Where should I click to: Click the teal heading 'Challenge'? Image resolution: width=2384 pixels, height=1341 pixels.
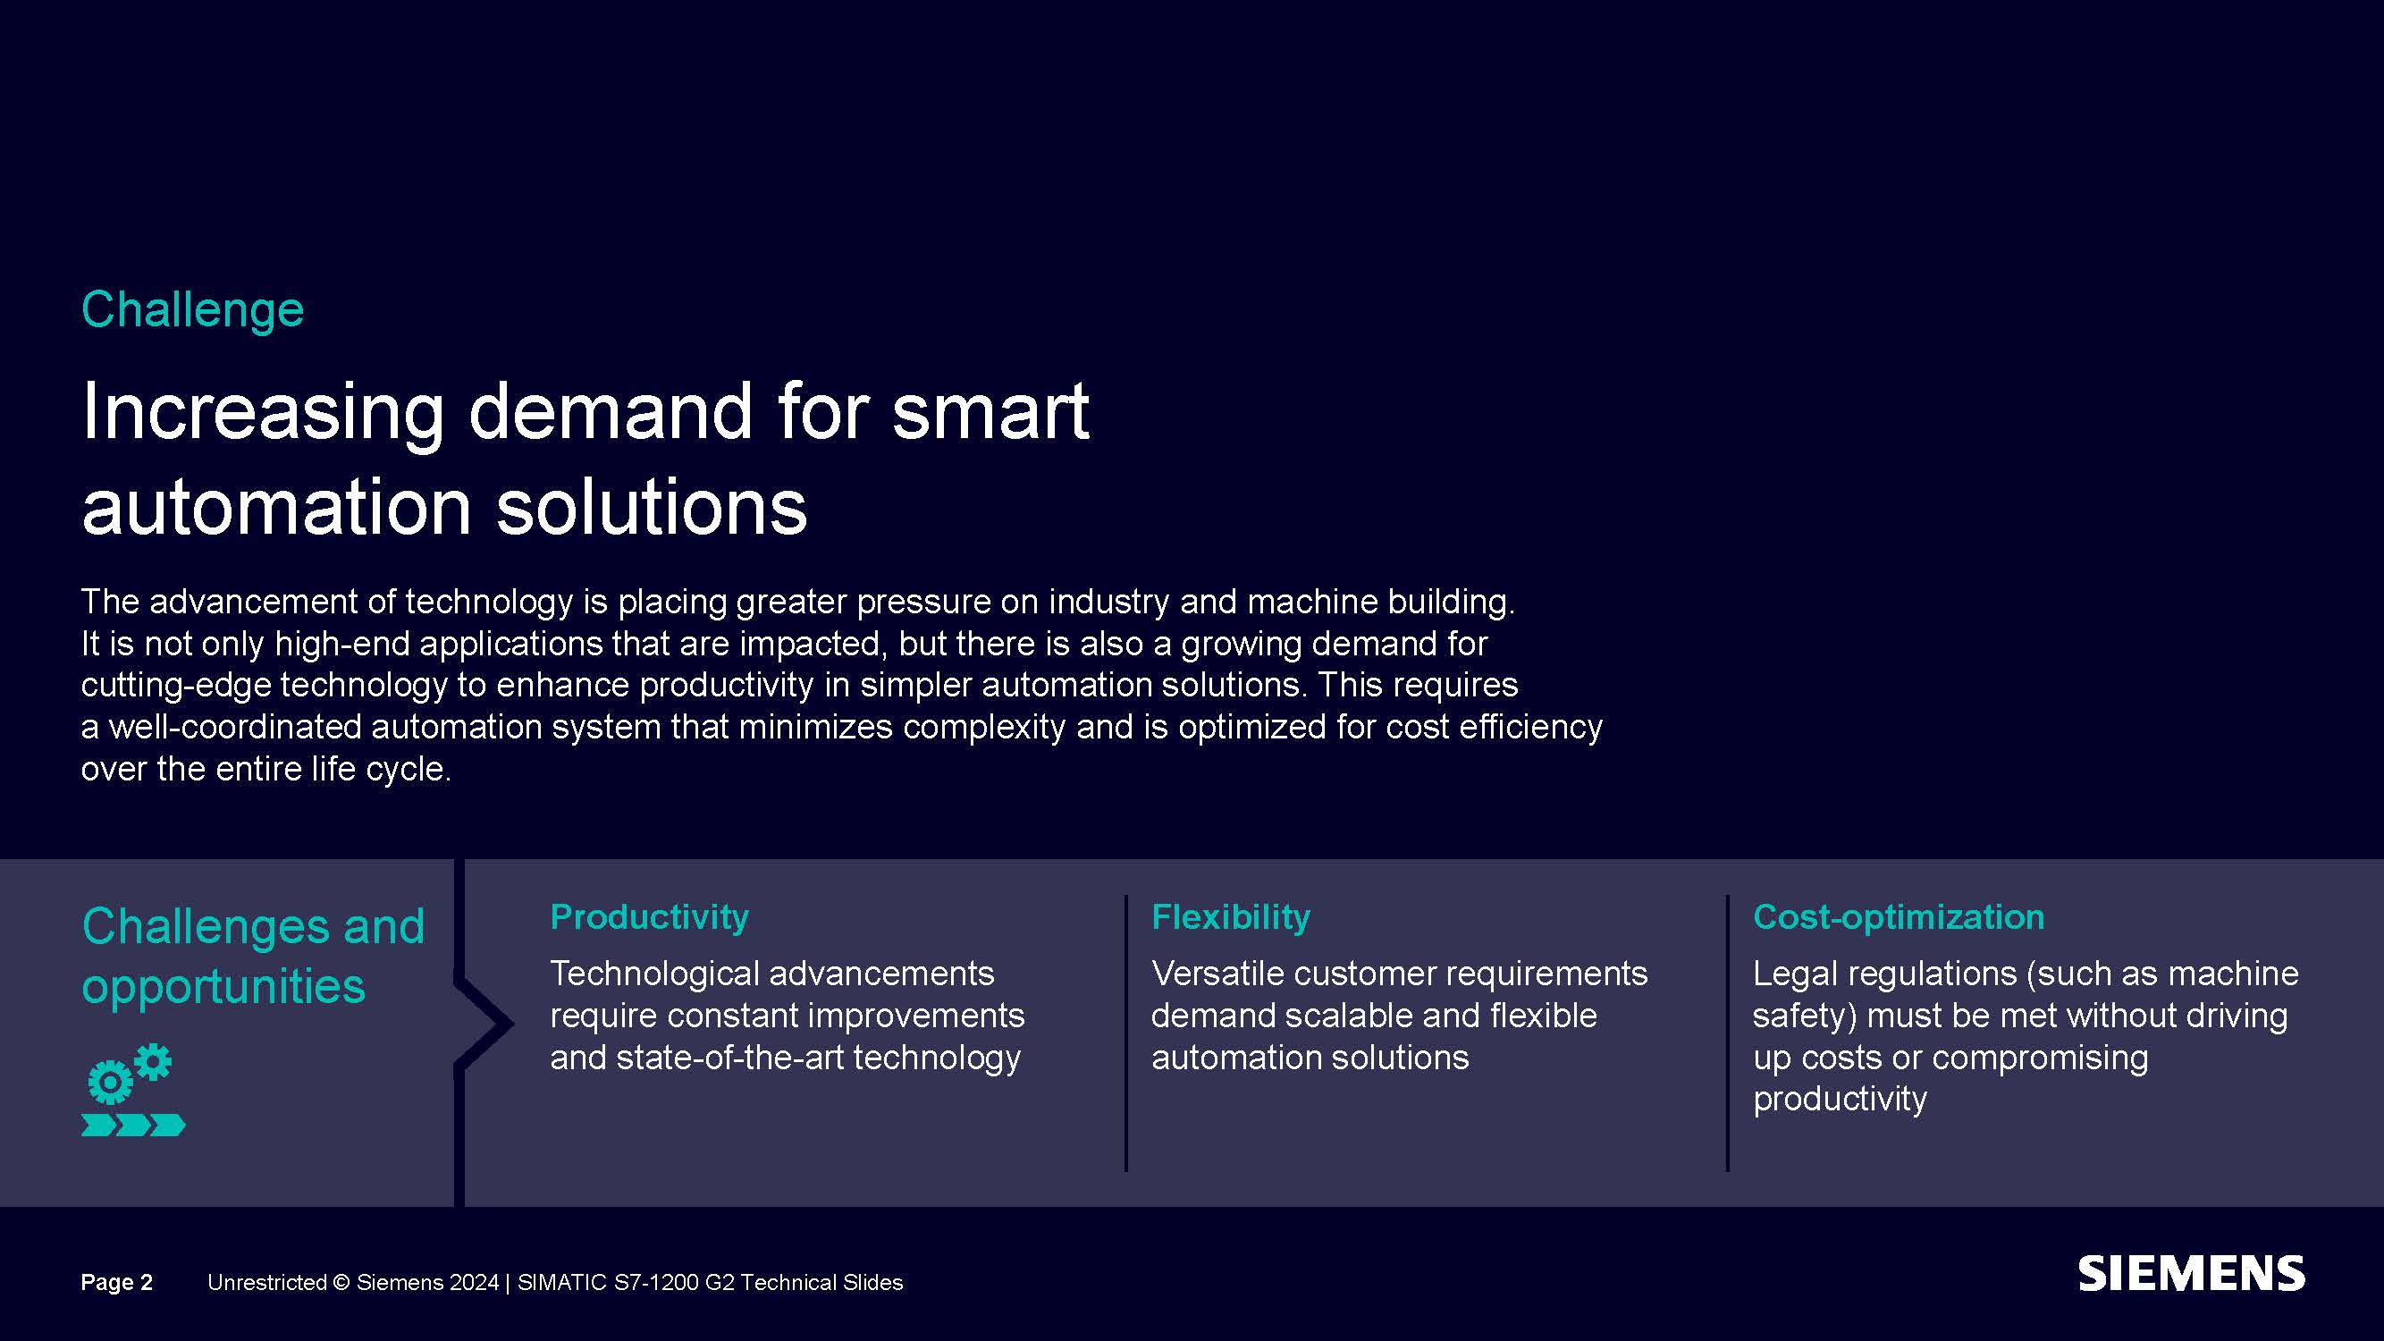coord(192,310)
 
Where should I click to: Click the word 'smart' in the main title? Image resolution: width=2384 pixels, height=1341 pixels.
coord(990,411)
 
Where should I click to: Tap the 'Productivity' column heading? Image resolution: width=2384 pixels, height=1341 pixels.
coord(649,916)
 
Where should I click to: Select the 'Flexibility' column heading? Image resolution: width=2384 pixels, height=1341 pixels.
coord(1231,916)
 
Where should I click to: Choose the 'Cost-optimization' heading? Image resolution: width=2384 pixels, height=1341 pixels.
coord(1898,916)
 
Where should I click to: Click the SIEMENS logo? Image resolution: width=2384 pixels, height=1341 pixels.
coord(2192,1274)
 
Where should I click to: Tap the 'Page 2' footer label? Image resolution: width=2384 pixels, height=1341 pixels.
coord(116,1282)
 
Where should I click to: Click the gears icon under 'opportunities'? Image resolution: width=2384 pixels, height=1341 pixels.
coord(130,1074)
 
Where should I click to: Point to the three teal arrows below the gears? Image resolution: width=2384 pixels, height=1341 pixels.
coord(133,1126)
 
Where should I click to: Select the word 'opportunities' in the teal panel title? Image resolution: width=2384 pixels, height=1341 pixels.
coord(223,985)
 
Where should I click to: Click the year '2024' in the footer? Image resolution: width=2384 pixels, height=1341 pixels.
coord(473,1282)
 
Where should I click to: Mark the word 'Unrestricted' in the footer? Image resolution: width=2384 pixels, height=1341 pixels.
coord(266,1282)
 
